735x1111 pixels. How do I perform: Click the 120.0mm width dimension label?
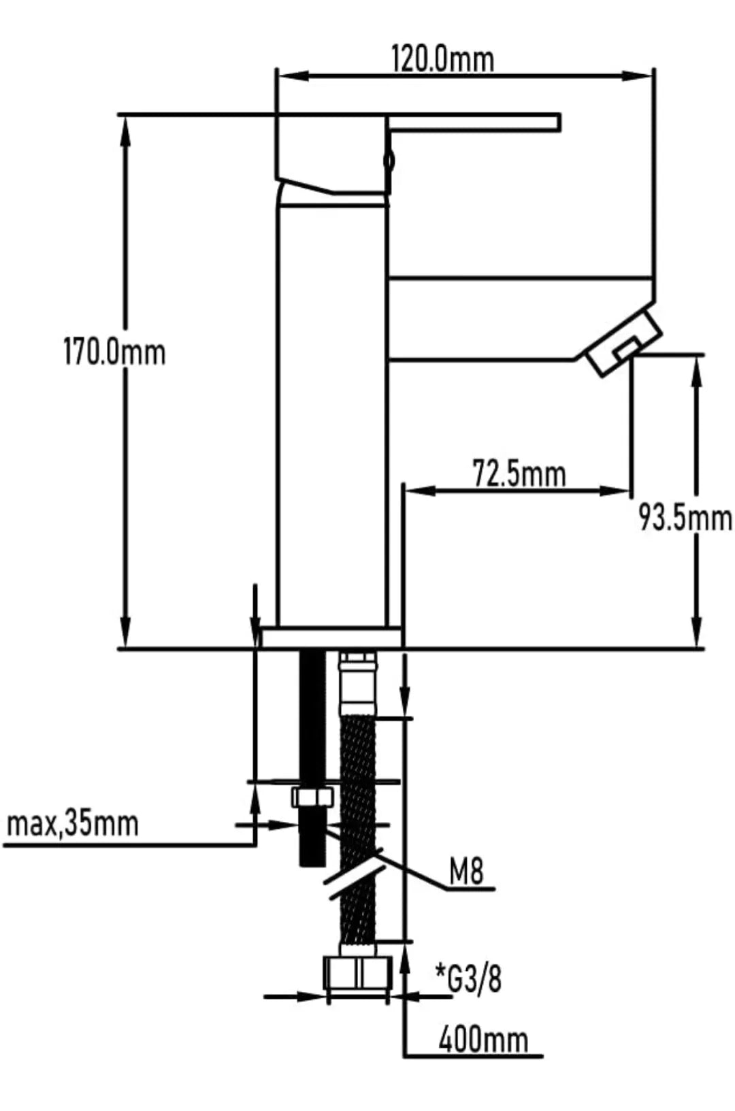[443, 59]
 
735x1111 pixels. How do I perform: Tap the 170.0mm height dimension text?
[114, 352]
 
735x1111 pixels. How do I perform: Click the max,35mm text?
[72, 825]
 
